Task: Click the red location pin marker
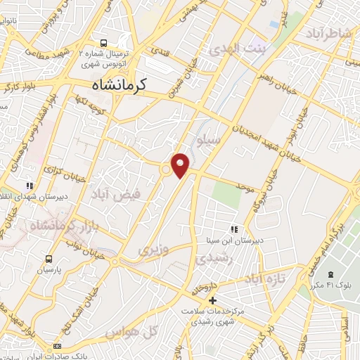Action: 181,165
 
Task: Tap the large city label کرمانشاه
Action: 128,85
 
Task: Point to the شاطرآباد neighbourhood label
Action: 328,34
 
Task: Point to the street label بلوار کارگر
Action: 18,88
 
